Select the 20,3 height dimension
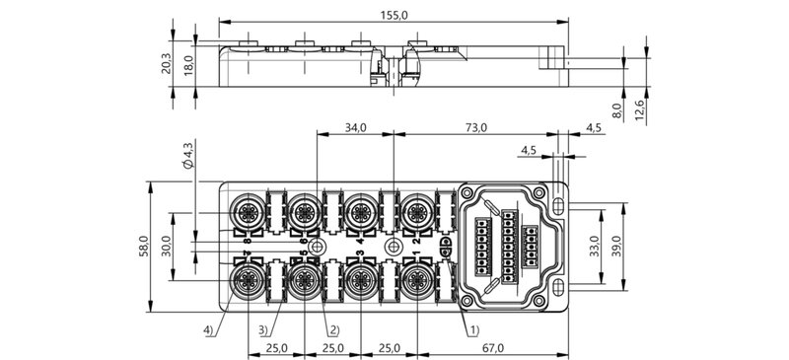pos(166,64)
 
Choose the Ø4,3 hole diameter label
pos(187,159)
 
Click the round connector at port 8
pos(247,208)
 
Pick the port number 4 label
pos(360,240)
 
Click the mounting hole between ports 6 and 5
pos(316,246)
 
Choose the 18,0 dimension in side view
pos(187,64)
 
